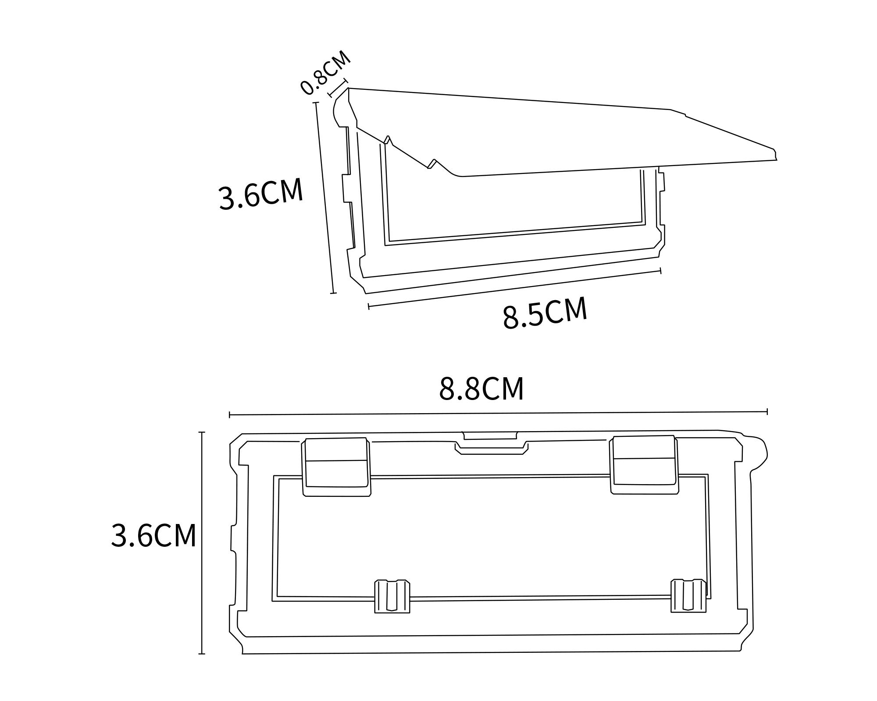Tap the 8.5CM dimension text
545,312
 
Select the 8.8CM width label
481,389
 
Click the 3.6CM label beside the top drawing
261,193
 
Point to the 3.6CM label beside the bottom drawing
153,535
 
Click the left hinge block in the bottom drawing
336,466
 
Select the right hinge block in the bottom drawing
644,464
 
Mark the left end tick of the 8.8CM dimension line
230,414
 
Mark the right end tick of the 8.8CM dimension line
767,411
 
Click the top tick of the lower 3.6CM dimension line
202,432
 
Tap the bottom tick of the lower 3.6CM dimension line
202,654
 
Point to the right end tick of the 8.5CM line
660,271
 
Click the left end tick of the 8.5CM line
369,306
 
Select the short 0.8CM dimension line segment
338,88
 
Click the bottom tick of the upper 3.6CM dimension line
333,293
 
